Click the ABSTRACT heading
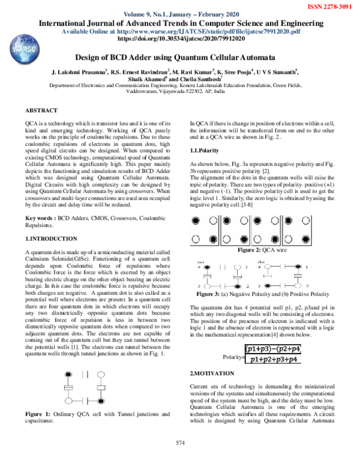point(41,111)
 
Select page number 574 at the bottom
point(179,443)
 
